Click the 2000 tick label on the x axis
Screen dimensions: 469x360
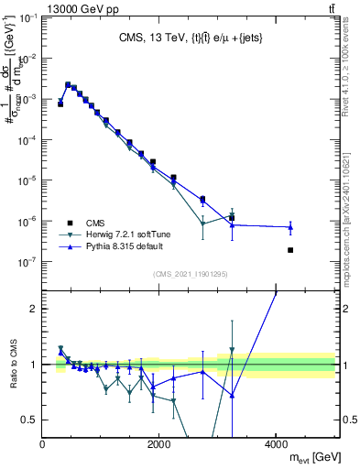[x=159, y=444]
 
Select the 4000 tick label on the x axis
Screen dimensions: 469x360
[x=276, y=444]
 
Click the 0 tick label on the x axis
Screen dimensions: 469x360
[x=43, y=444]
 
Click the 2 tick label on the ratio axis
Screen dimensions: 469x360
[x=34, y=309]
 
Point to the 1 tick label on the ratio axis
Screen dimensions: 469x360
[x=34, y=365]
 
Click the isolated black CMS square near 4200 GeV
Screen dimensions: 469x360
[x=290, y=250]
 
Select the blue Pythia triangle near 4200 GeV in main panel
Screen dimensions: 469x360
[x=290, y=227]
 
